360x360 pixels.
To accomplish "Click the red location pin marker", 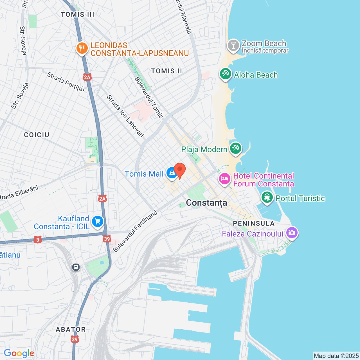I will (x=180, y=170).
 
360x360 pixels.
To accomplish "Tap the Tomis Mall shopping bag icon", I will (x=172, y=173).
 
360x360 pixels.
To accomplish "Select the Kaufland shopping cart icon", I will (x=98, y=222).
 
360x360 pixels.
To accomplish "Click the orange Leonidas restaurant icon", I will (x=82, y=48).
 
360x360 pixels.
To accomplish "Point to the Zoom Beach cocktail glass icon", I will (x=233, y=45).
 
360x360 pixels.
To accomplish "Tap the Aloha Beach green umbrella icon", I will (x=225, y=74).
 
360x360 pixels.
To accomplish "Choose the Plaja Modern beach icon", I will (x=236, y=148).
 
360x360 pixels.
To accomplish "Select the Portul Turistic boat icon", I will (x=267, y=197).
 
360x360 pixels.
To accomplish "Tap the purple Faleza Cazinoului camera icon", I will (x=292, y=233).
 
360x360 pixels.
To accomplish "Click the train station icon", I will (x=76, y=267).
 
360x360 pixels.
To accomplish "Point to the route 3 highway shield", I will (x=38, y=240).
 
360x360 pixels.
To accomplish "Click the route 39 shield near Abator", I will (x=75, y=339).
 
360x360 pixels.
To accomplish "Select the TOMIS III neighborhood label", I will (x=77, y=15).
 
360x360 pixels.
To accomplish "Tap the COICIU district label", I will (x=37, y=135).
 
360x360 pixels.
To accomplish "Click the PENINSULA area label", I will (x=254, y=224).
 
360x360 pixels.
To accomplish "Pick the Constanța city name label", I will (x=206, y=203).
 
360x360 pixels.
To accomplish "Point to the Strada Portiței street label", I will (x=66, y=82).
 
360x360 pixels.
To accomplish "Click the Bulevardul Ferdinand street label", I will (x=135, y=231).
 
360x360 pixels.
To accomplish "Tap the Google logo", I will (x=19, y=353).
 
